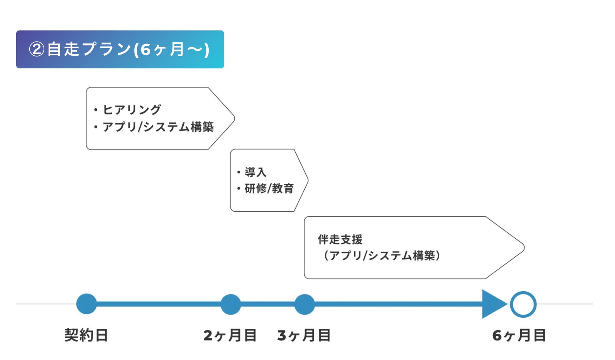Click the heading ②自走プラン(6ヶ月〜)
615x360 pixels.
coord(119,49)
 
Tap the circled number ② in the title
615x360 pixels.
coord(36,49)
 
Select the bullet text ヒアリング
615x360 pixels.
coord(132,109)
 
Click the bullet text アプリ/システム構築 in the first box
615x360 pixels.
coord(158,127)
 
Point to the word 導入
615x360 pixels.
coord(255,172)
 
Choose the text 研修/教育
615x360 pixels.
coord(269,188)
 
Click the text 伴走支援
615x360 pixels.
coord(340,239)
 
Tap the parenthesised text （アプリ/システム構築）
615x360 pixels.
coord(382,256)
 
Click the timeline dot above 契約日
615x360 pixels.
coord(87,304)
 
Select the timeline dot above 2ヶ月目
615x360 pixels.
coord(230,304)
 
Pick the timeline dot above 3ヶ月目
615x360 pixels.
coord(304,304)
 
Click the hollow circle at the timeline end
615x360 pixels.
coord(523,304)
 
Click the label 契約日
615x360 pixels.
coord(86,335)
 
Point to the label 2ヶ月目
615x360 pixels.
coord(230,335)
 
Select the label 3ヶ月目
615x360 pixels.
coord(304,335)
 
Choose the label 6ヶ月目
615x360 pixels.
coord(519,335)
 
